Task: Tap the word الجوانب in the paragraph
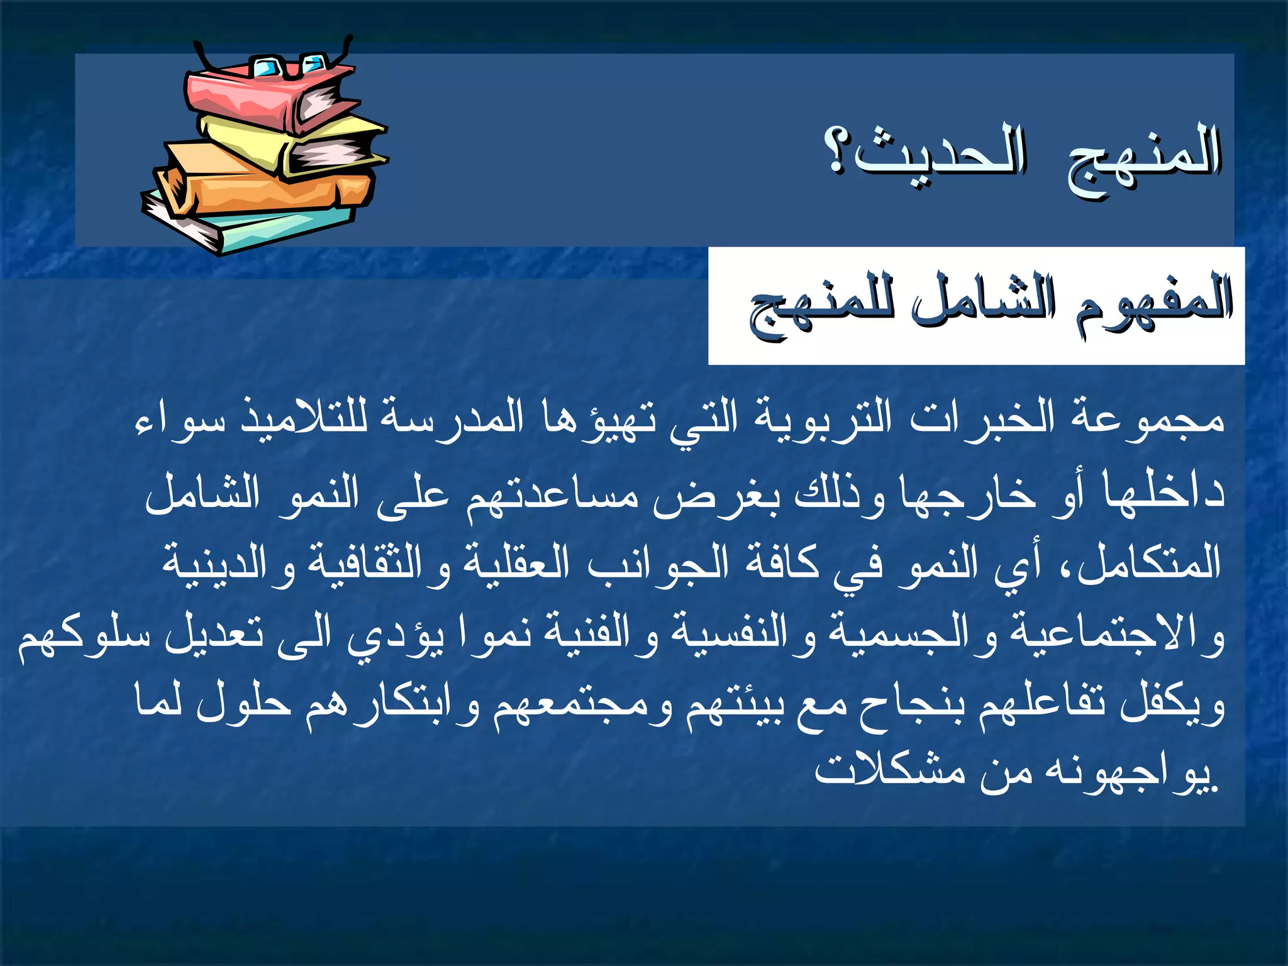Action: [658, 562]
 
